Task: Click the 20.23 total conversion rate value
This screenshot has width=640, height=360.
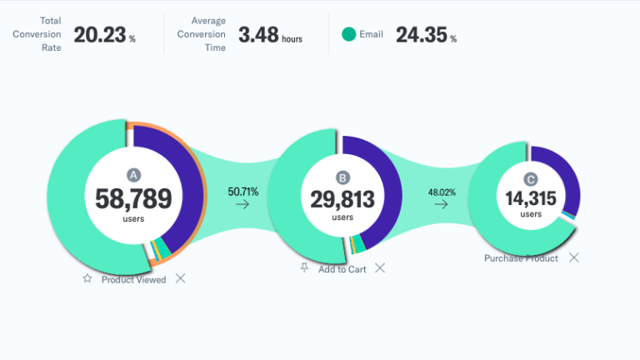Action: (99, 34)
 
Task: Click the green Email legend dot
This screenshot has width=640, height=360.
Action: (348, 34)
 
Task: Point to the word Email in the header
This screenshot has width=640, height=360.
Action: (371, 35)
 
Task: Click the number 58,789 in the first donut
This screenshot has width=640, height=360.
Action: (133, 198)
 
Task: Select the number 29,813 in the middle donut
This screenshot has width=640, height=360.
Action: (342, 199)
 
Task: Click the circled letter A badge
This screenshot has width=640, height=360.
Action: (133, 174)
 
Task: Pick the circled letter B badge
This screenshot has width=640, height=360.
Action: (342, 177)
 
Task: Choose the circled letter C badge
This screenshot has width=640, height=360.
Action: (531, 178)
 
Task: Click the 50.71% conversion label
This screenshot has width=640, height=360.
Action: (243, 192)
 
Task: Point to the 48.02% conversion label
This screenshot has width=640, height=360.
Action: (442, 192)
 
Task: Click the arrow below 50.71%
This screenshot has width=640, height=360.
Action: (242, 205)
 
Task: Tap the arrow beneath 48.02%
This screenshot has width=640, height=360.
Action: (442, 205)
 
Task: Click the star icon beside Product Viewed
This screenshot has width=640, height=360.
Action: (87, 279)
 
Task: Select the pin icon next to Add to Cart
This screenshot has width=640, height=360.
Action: (305, 268)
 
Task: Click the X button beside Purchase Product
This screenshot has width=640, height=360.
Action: (573, 257)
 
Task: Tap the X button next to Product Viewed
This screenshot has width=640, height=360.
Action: (180, 278)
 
